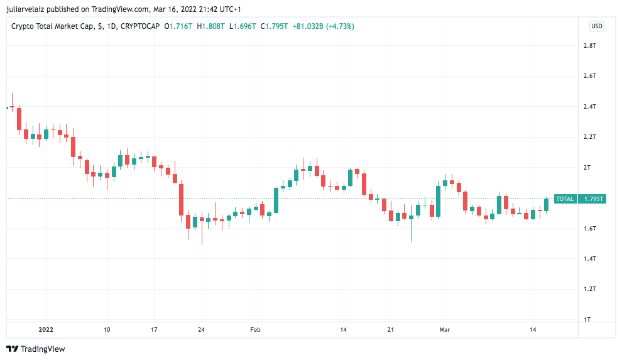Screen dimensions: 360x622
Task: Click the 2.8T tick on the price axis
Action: (x=589, y=46)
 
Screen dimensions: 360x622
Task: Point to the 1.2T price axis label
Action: (x=589, y=289)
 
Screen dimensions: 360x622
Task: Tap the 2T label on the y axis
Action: (x=587, y=168)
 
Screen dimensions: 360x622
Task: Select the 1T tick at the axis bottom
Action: (x=587, y=319)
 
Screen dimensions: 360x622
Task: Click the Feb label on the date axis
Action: (x=254, y=329)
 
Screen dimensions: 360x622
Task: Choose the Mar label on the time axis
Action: (x=445, y=329)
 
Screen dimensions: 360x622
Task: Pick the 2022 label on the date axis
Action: (x=46, y=329)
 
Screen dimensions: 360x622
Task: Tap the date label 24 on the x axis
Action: (x=202, y=329)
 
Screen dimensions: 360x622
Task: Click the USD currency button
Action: (x=596, y=26)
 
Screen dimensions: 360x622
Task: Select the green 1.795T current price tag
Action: (x=593, y=199)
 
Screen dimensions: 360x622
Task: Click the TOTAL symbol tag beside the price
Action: (x=565, y=199)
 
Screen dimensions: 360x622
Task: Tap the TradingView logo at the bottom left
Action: (x=36, y=349)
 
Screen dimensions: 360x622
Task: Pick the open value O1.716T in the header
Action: (x=179, y=26)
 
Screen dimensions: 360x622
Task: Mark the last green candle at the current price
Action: (x=547, y=204)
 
